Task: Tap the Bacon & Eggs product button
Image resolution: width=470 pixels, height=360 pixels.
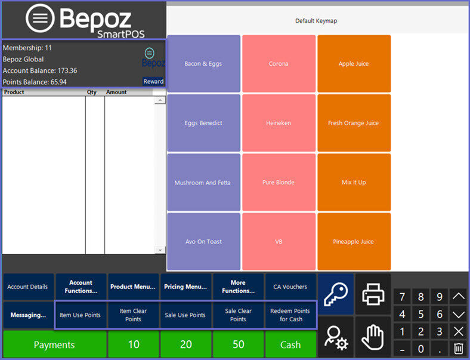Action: (203, 64)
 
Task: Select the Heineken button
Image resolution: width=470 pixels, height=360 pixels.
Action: (279, 123)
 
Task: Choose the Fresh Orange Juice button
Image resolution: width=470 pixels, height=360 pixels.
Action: (354, 123)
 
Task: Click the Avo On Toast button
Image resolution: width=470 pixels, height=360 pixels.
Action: (203, 242)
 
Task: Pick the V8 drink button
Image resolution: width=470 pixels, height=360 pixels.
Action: (279, 242)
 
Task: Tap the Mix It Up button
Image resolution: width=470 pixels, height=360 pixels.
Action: (354, 183)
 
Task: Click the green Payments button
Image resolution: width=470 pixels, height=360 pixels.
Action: (54, 344)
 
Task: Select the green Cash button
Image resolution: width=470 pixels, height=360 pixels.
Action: (290, 344)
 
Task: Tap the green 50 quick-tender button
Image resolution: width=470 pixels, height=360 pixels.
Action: (238, 344)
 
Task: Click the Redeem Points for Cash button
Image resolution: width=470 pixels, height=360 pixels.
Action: (290, 315)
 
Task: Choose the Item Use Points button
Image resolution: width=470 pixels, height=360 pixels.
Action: (80, 315)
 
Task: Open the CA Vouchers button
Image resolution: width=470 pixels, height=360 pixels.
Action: (290, 287)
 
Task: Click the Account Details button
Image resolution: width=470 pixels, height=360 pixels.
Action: (27, 287)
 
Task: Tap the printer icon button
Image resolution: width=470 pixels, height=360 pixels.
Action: (373, 294)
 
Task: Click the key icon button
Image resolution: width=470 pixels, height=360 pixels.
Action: (336, 294)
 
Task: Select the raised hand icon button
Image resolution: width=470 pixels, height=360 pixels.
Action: (373, 337)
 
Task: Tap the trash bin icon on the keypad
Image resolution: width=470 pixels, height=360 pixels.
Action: (459, 349)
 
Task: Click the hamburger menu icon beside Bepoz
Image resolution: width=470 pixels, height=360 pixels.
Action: (40, 19)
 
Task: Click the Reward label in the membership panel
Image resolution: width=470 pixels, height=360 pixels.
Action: (153, 82)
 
